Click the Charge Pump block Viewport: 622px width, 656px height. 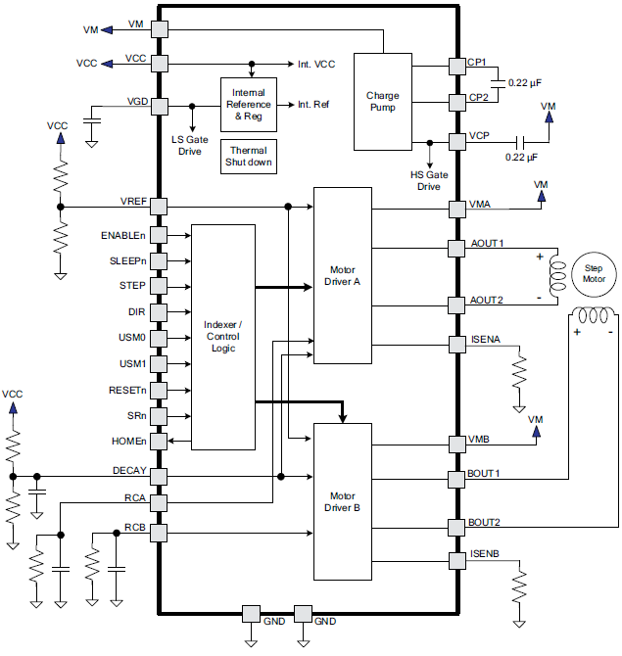click(382, 101)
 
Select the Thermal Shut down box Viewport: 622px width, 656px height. click(249, 157)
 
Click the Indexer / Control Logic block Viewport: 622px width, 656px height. click(223, 337)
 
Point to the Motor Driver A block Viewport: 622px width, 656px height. click(343, 274)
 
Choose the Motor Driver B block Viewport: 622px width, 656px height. click(343, 501)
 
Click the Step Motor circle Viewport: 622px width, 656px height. click(595, 272)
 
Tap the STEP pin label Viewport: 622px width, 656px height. click(132, 285)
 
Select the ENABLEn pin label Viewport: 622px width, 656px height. click(123, 235)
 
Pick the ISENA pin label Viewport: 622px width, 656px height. click(485, 340)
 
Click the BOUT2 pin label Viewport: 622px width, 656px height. click(484, 523)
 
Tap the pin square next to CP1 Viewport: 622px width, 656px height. click(456, 66)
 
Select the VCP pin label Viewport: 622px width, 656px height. click(479, 136)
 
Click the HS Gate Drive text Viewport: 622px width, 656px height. click(428, 180)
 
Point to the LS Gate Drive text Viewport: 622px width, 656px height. click(191, 145)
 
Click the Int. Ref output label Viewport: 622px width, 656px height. click(313, 103)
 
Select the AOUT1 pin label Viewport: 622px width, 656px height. click(486, 242)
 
